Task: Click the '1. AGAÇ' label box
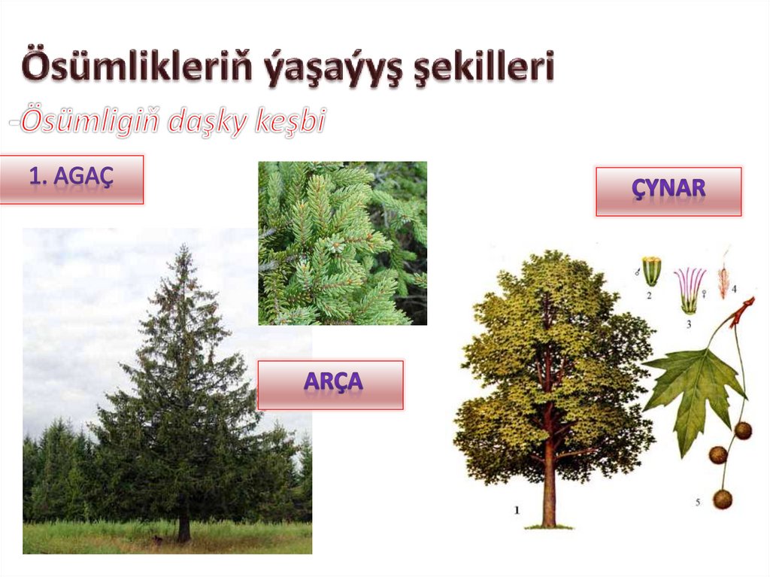71,179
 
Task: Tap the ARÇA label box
330,384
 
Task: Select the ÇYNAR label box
668,191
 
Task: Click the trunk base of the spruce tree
183,530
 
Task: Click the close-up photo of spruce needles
342,243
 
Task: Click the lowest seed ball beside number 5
723,498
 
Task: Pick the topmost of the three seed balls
743,430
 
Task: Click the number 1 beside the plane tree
517,510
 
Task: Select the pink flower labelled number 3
690,290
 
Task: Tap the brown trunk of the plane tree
549,481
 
